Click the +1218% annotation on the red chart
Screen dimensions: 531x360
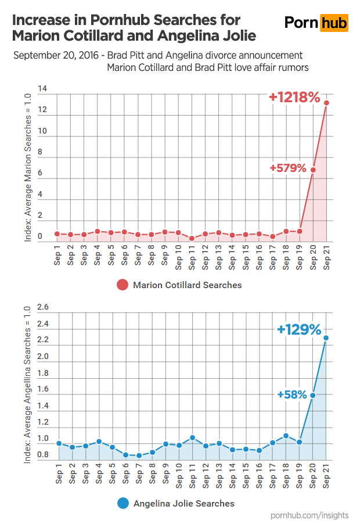point(294,98)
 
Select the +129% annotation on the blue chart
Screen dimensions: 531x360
point(299,330)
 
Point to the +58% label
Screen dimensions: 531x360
point(291,394)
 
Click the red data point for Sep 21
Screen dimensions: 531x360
point(327,103)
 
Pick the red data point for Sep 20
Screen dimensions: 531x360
point(314,170)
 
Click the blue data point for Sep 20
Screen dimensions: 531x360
point(314,396)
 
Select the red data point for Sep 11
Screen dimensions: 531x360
point(192,238)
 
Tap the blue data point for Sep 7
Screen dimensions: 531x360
point(139,455)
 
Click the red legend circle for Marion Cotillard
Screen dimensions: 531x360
point(123,285)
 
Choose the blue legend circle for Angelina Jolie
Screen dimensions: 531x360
point(123,503)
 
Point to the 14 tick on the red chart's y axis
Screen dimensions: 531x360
point(42,89)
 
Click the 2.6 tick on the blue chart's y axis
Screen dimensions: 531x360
point(42,307)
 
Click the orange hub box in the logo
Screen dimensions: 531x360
point(334,23)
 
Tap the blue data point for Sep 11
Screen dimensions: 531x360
point(192,437)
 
